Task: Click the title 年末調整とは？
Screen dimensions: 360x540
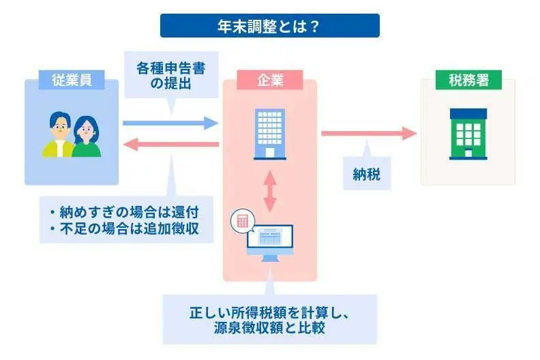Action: [270, 26]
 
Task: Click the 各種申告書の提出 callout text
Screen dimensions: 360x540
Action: [169, 76]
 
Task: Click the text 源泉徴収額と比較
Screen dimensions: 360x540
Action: [270, 328]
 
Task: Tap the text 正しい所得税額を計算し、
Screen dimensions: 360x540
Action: [270, 313]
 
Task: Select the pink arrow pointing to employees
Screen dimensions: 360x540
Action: [170, 144]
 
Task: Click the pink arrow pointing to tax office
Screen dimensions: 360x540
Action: [368, 133]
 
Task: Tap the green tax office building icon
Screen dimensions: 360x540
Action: [468, 134]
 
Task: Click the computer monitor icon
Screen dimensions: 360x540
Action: [271, 239]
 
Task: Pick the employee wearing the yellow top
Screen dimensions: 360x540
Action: [59, 136]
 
